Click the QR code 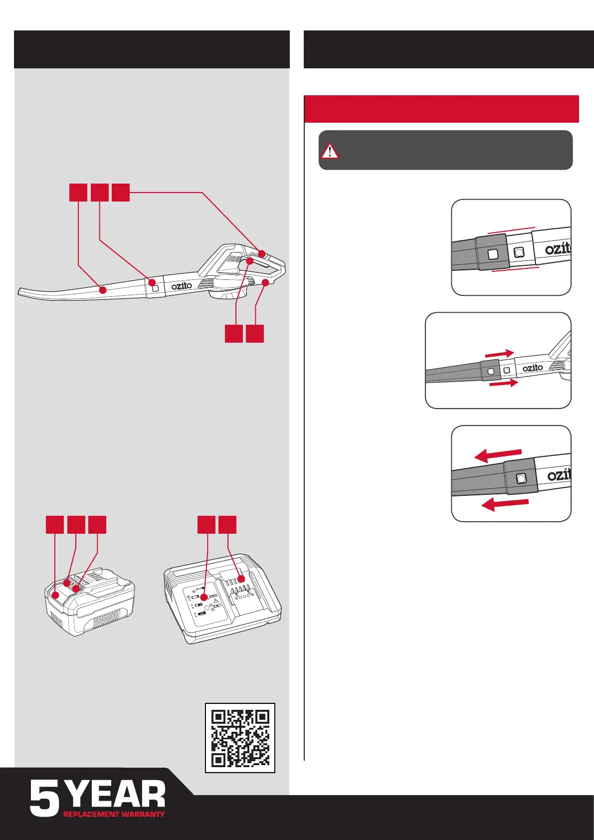[240, 738]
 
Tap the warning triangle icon [330, 151]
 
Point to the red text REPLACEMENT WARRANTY [114, 814]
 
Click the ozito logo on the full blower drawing [182, 286]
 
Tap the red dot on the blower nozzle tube [103, 290]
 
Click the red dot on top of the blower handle [261, 254]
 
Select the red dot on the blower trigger [249, 260]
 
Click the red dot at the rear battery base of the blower [265, 283]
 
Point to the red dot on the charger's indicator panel [203, 597]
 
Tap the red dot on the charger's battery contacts [242, 579]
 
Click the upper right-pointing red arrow [499, 354]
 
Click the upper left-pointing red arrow [498, 454]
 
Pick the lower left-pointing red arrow [505, 504]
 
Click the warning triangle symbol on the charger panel [216, 601]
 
